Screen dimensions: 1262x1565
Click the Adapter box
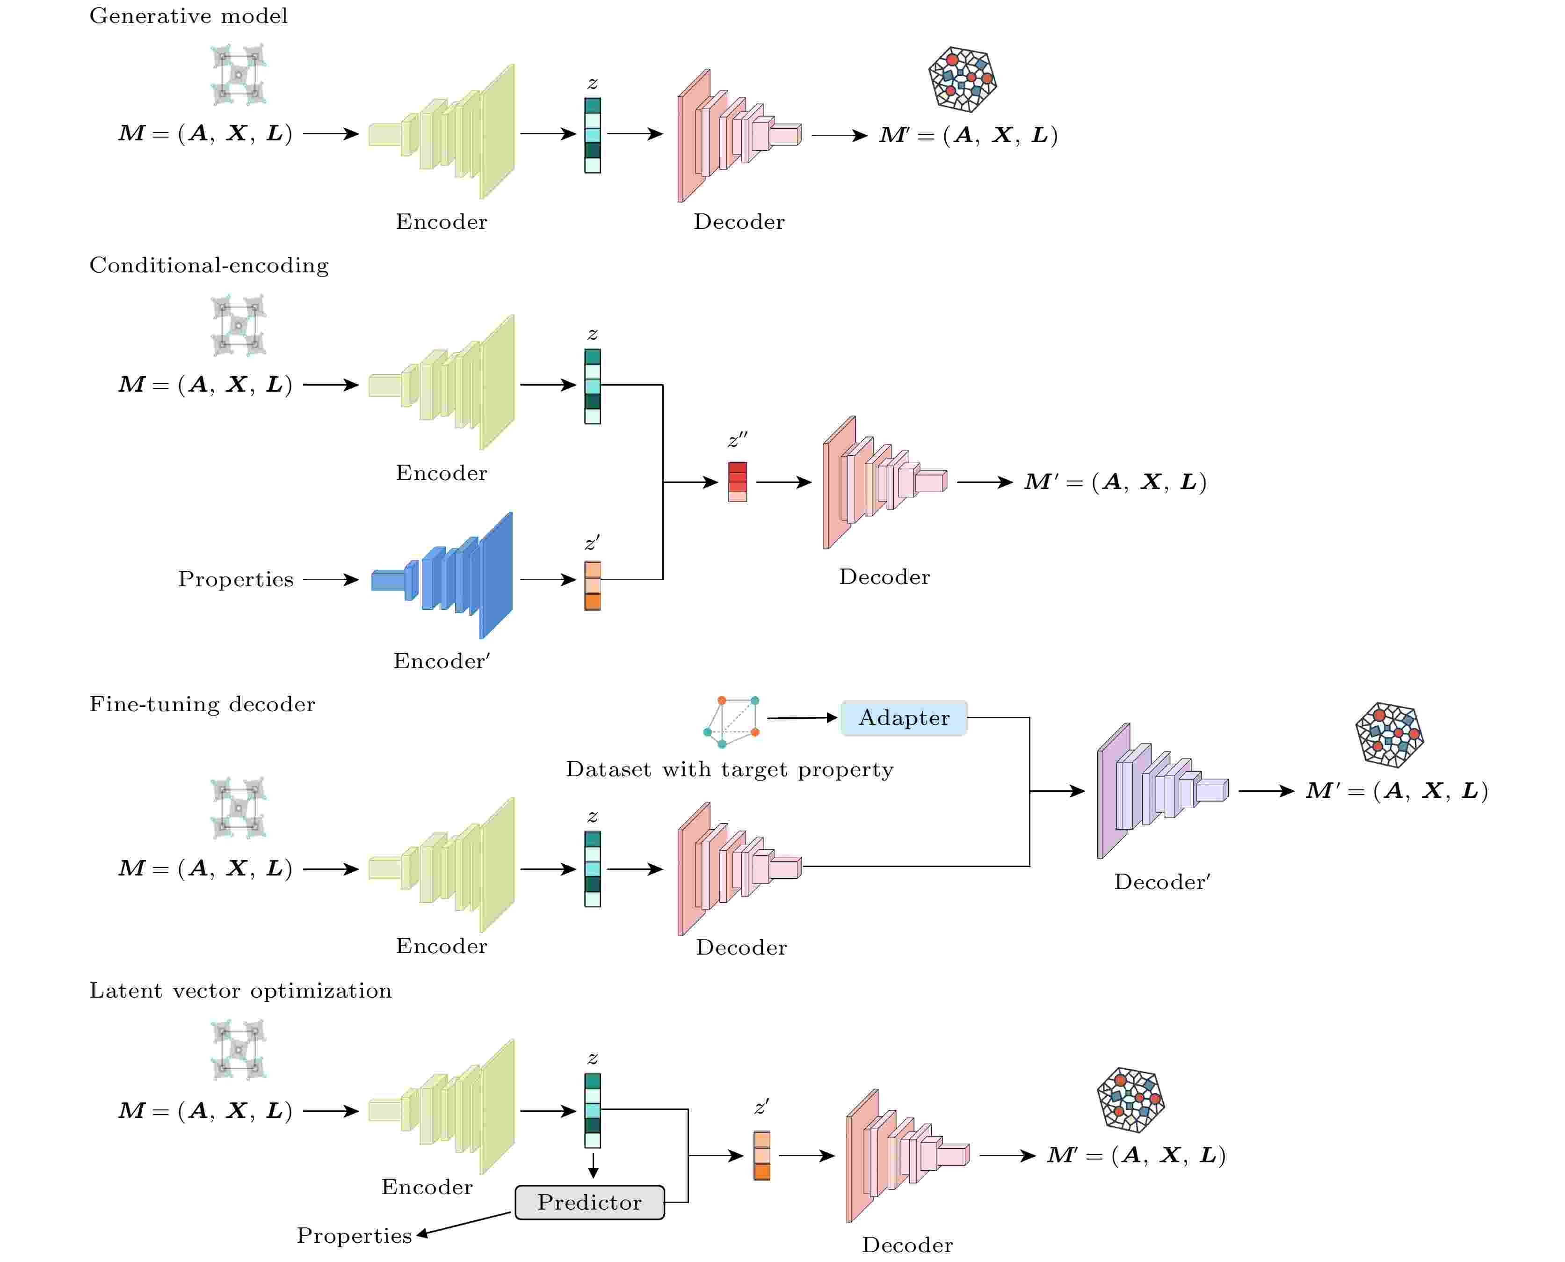coord(903,718)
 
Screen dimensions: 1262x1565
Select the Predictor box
coord(589,1203)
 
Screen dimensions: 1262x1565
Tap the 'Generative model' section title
coord(188,16)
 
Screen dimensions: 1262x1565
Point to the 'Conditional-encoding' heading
coord(209,265)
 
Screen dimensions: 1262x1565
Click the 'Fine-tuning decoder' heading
coord(202,704)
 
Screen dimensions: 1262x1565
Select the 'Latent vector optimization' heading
coord(240,991)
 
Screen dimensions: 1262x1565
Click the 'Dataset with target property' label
coord(730,769)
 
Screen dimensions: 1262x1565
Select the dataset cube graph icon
coord(731,721)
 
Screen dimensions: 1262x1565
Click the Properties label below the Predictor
coord(354,1236)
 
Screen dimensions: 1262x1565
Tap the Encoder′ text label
coord(442,661)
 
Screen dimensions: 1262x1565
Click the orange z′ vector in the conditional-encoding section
coord(592,585)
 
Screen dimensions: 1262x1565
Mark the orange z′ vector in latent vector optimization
coord(761,1156)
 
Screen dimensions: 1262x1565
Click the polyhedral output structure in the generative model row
coord(962,79)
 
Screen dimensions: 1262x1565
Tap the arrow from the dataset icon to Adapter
coord(802,718)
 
